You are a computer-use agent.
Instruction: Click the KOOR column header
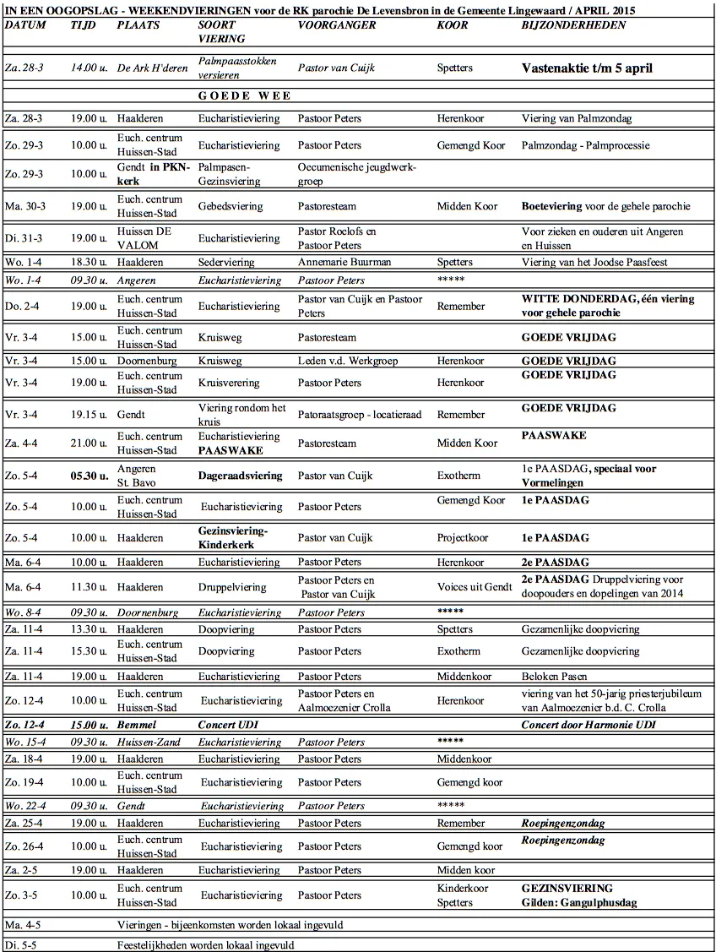(452, 25)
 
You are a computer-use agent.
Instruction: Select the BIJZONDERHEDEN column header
(573, 25)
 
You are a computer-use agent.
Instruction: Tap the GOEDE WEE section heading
(244, 95)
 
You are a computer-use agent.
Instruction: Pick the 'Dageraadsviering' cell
(240, 476)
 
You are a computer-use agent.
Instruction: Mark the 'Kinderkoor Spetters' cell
(462, 895)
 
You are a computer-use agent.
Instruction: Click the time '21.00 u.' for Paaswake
(89, 443)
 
